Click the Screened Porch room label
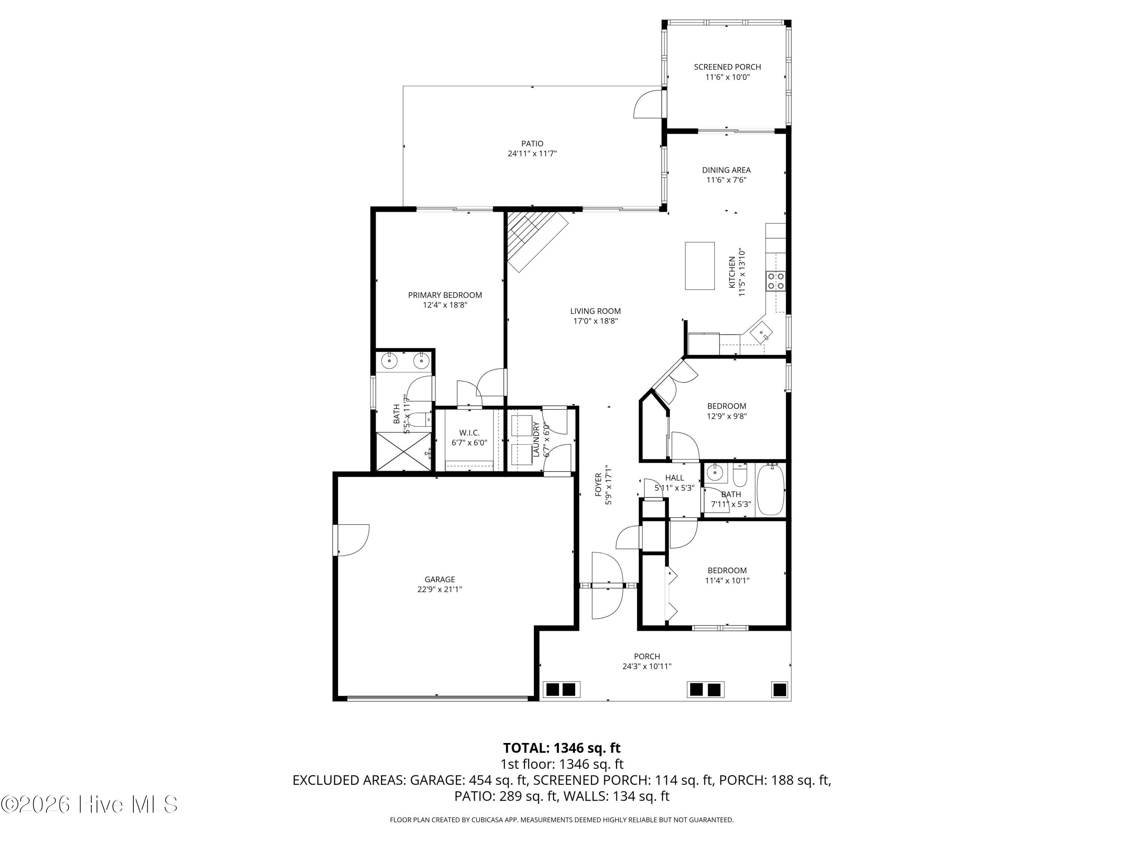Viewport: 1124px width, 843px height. click(727, 67)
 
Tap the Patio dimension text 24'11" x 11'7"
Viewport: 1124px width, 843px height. click(532, 154)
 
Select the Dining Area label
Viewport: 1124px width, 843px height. click(726, 170)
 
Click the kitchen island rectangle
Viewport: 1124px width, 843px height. click(700, 266)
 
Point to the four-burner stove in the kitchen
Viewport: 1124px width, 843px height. click(776, 281)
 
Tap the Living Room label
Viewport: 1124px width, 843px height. click(595, 311)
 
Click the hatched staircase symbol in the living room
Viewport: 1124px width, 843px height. click(537, 241)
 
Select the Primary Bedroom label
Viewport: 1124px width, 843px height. click(445, 295)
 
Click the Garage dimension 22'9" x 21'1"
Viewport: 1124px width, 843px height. click(439, 589)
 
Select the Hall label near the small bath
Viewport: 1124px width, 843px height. click(674, 478)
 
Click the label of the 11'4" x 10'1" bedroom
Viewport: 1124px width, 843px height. click(727, 571)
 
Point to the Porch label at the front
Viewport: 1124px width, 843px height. click(647, 656)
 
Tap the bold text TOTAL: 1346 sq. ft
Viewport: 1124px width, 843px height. click(562, 748)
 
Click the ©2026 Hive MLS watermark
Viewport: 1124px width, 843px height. click(90, 804)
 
